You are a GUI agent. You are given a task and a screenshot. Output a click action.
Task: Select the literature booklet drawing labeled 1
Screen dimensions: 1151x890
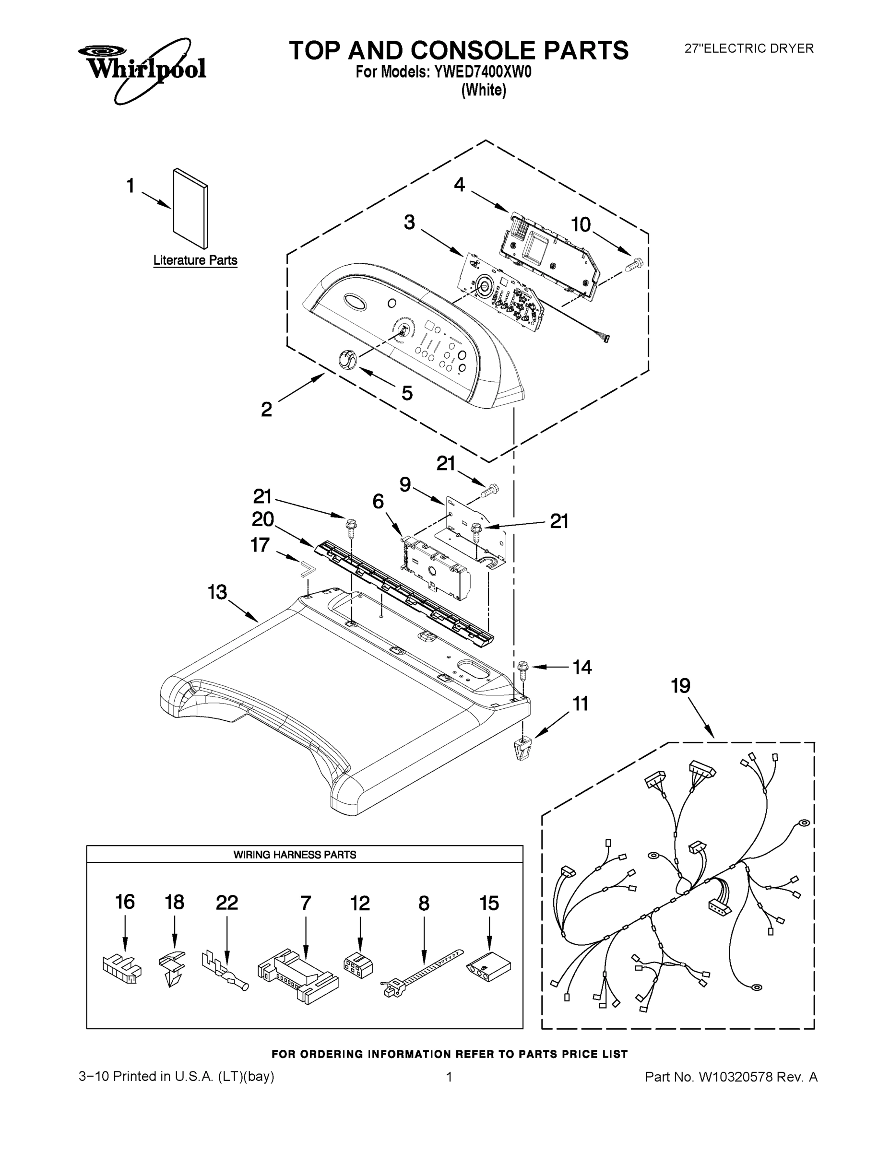tap(190, 208)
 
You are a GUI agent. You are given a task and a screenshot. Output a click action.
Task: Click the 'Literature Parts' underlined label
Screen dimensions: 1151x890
tap(195, 260)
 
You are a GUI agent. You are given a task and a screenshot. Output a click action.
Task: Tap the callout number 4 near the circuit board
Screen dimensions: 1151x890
tap(459, 185)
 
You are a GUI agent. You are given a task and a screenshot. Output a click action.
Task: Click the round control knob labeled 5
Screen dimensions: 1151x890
tap(346, 359)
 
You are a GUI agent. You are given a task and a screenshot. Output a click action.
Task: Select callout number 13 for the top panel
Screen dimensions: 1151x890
tap(217, 592)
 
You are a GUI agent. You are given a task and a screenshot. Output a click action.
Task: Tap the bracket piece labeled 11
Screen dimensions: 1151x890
tap(522, 748)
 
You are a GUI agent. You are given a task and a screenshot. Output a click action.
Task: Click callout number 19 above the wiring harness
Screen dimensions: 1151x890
tap(680, 686)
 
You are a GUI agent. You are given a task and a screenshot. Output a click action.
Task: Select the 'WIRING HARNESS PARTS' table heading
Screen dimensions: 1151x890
tap(295, 855)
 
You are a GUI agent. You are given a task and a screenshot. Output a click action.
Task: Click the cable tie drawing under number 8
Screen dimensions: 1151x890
tap(422, 974)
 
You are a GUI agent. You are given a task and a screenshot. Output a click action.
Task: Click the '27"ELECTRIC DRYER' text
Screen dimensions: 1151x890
tap(748, 48)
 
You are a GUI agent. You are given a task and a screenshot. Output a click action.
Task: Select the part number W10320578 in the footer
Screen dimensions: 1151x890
tap(736, 1077)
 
